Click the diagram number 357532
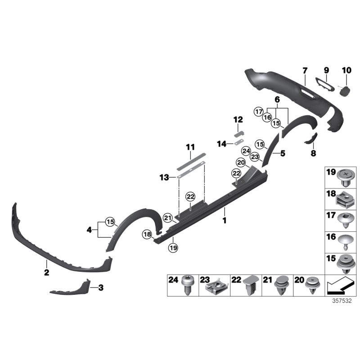pos(342,301)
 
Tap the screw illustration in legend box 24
pos(188,286)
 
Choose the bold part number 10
pos(346,70)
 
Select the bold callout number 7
pos(305,71)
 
